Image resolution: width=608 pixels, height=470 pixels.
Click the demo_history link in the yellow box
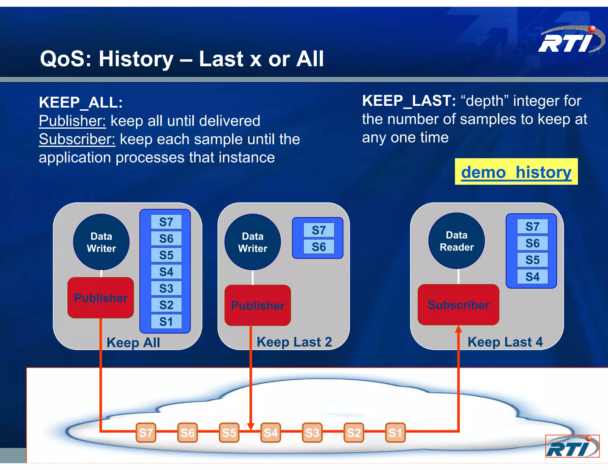(x=516, y=172)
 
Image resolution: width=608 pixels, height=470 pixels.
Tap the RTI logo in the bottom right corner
(x=572, y=446)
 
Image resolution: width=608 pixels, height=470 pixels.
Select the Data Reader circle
(x=456, y=241)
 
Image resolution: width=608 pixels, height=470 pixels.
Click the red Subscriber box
(x=458, y=305)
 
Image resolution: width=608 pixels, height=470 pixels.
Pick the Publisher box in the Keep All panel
(x=101, y=298)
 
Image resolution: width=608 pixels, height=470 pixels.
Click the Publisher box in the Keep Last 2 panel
(x=257, y=305)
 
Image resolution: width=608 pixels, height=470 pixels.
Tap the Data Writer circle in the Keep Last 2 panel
(x=253, y=242)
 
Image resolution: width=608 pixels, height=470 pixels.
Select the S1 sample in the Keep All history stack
(x=166, y=322)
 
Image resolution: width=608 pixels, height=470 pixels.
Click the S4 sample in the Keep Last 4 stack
(x=532, y=277)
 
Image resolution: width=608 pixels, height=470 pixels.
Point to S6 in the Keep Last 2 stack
(x=319, y=247)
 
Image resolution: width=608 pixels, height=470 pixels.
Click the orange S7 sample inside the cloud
(x=146, y=433)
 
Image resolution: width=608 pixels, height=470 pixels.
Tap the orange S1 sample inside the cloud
(x=395, y=433)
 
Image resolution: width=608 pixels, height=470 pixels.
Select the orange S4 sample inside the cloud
(x=270, y=433)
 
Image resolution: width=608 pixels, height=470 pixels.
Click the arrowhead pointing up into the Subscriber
(x=458, y=329)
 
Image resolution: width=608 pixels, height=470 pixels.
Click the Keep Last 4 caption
(x=505, y=342)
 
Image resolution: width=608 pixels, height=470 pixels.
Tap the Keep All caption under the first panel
(x=133, y=343)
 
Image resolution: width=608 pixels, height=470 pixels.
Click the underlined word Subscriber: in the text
(x=77, y=139)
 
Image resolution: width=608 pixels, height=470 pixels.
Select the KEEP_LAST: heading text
(x=409, y=101)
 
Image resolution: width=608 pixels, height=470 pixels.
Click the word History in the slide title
(x=136, y=59)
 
